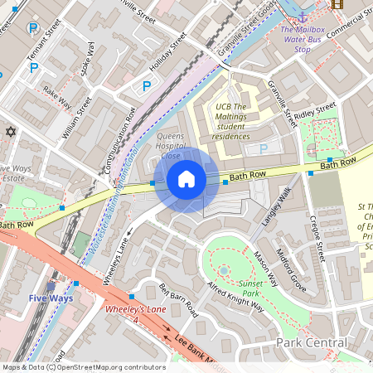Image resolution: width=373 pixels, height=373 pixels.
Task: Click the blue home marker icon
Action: click(x=186, y=179)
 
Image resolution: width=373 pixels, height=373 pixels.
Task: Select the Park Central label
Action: click(x=311, y=342)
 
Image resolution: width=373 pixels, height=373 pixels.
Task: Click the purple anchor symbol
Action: click(x=303, y=17)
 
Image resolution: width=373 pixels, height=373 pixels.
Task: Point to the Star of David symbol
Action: click(x=11, y=132)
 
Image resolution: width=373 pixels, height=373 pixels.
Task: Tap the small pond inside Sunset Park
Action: click(x=224, y=270)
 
